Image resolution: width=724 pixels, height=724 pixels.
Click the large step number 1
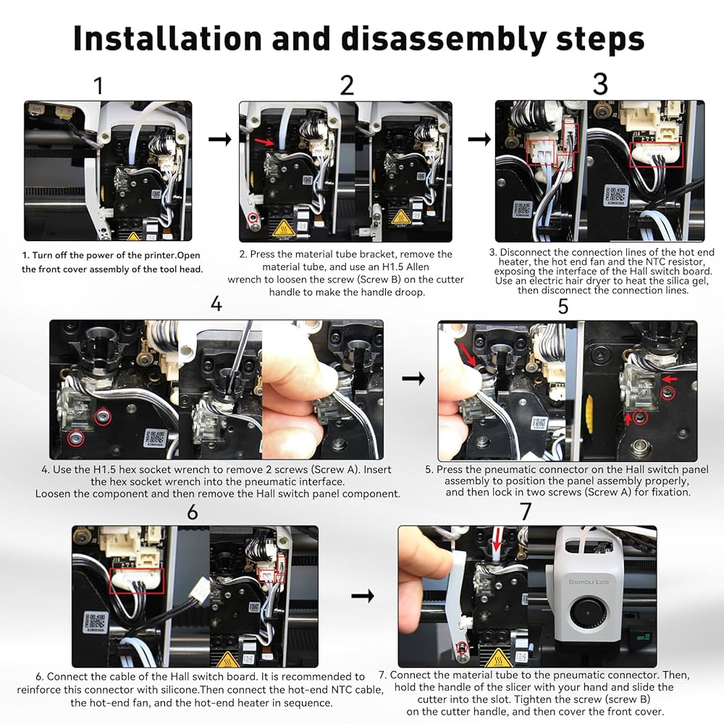[98, 86]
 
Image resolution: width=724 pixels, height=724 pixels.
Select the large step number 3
[600, 84]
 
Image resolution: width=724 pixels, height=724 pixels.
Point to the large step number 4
[216, 304]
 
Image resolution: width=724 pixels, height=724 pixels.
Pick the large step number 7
[526, 512]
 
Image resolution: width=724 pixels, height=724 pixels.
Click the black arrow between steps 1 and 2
[220, 139]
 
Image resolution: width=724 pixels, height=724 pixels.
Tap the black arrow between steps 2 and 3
[479, 139]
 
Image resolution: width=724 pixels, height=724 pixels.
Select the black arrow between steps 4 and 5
[413, 379]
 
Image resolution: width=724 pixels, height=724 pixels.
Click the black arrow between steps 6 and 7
[363, 596]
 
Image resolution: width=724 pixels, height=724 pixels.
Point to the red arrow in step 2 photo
[264, 141]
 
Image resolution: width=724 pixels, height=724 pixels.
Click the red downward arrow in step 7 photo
[497, 539]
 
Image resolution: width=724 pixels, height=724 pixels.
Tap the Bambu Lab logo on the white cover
[588, 582]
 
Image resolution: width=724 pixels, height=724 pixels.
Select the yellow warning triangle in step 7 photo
[498, 658]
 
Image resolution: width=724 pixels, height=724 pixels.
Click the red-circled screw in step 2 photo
[252, 217]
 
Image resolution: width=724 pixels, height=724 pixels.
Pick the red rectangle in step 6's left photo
[137, 581]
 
